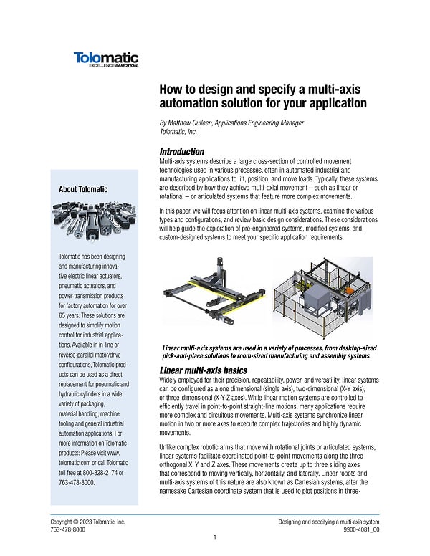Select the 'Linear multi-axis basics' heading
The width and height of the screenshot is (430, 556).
click(203, 370)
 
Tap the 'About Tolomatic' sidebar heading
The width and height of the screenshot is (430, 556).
click(84, 189)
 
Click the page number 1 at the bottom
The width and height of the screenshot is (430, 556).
click(215, 537)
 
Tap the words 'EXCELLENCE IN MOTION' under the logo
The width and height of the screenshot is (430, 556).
click(113, 65)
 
